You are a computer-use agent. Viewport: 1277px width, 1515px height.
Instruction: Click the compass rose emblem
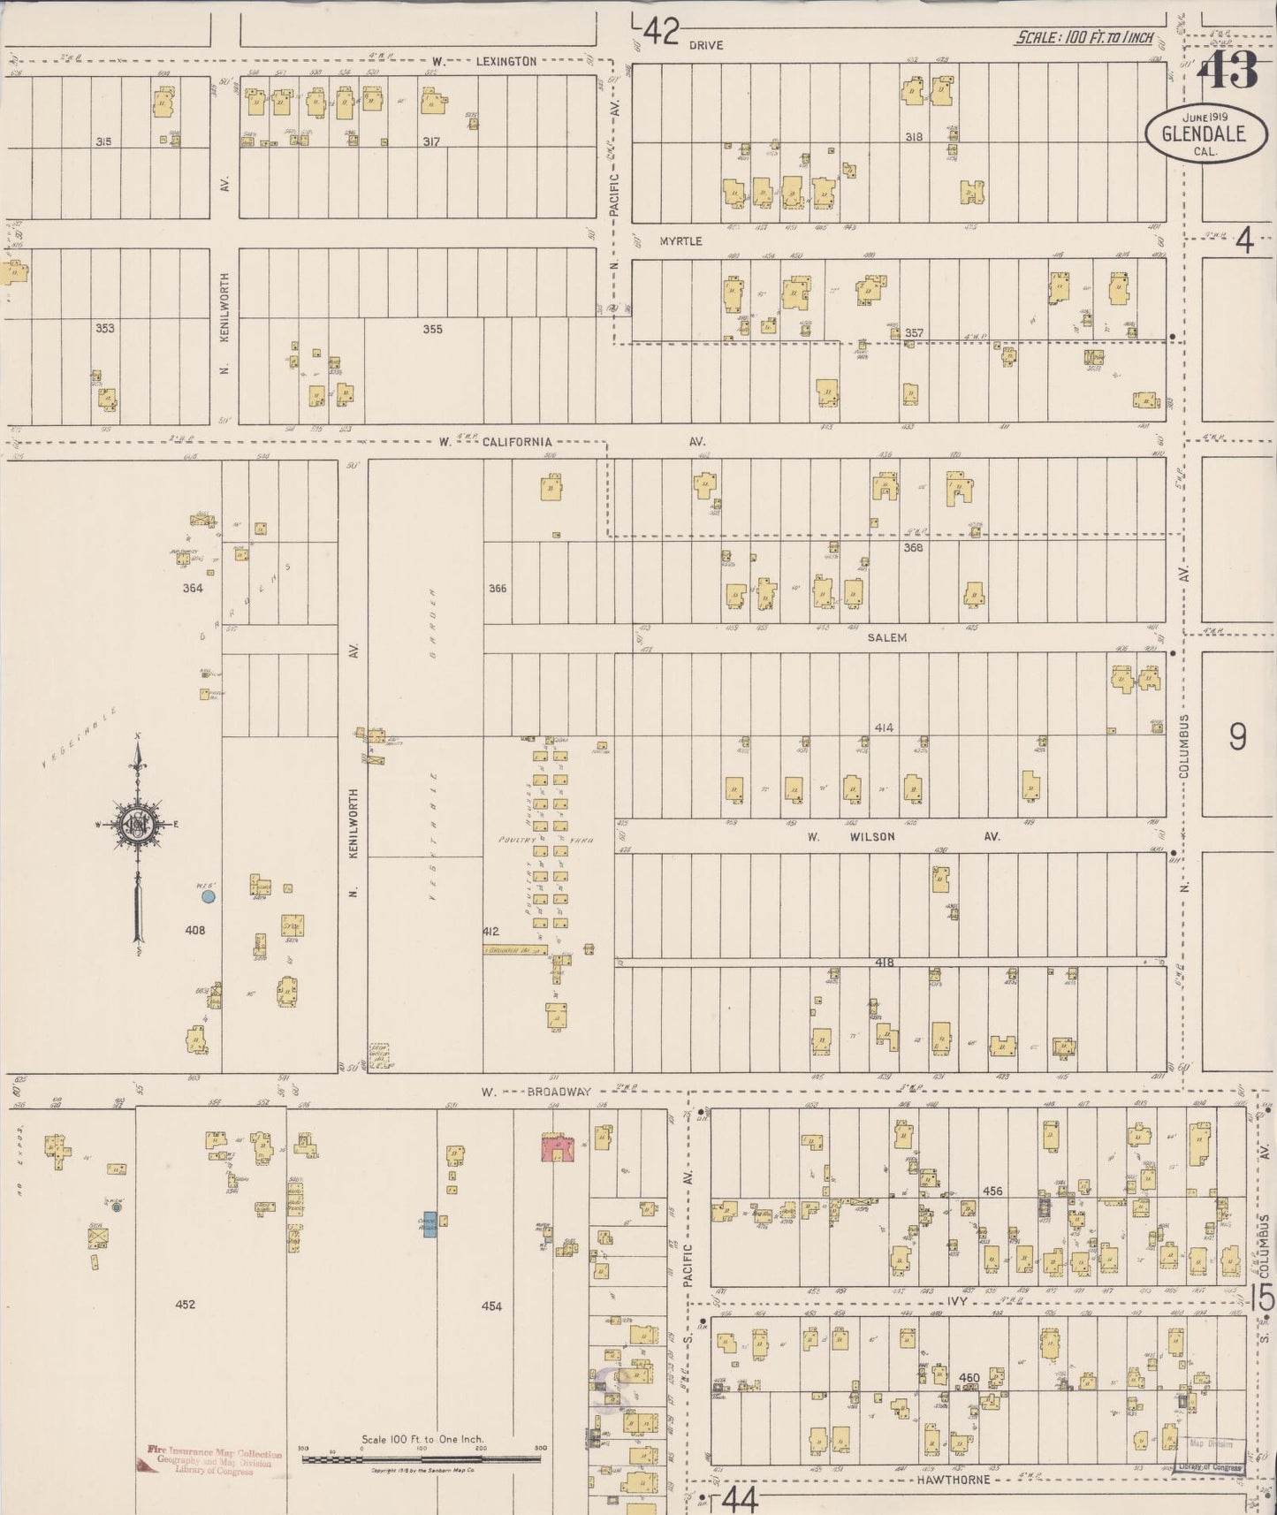tap(139, 824)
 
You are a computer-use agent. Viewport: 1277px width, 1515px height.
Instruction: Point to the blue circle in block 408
tap(209, 896)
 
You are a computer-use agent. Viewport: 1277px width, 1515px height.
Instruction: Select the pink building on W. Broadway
tap(558, 1149)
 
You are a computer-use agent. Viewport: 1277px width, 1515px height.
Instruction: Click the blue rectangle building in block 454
tap(429, 1224)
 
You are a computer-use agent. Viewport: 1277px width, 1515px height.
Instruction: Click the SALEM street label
tap(886, 637)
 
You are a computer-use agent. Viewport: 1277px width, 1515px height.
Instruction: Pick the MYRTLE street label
tap(680, 240)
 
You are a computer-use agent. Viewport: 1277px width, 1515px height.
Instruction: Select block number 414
tap(884, 727)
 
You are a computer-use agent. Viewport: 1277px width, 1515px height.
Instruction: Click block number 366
tap(498, 589)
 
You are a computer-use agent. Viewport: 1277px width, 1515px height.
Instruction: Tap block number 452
tap(185, 1305)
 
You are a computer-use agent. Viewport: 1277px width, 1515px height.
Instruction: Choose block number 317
tap(431, 141)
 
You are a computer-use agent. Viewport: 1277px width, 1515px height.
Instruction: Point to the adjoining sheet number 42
tap(660, 33)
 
